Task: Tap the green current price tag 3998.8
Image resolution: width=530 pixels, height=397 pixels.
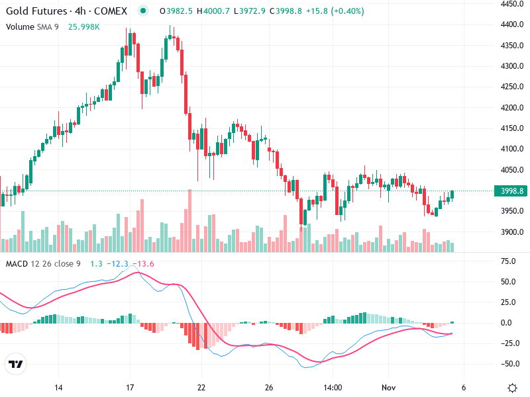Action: coord(513,191)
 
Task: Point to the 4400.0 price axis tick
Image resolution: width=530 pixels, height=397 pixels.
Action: coord(513,24)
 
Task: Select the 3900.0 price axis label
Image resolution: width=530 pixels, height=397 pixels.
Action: coord(513,232)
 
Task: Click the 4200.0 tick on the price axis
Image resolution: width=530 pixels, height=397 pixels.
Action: coord(513,107)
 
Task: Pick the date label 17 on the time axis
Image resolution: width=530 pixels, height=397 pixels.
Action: coord(130,388)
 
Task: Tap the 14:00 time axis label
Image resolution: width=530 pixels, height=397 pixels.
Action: coord(333,388)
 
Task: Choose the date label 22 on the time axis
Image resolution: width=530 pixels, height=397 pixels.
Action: coord(201,388)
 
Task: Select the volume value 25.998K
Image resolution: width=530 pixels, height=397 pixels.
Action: coord(83,26)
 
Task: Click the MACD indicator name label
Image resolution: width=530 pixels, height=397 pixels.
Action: coord(17,264)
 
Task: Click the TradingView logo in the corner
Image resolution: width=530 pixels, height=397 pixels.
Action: coord(15,364)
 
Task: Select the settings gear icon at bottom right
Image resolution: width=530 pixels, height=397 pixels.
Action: coord(512,388)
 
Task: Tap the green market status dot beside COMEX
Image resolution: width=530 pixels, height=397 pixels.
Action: coord(143,11)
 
